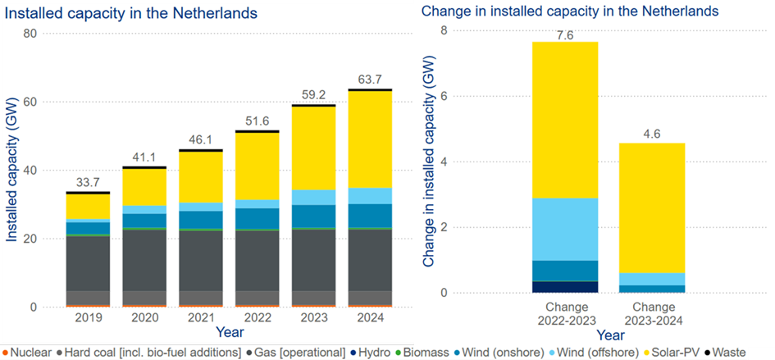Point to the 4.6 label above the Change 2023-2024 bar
[x=653, y=134]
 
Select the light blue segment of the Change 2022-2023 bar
[x=564, y=229]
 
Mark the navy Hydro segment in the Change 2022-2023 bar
[x=564, y=287]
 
